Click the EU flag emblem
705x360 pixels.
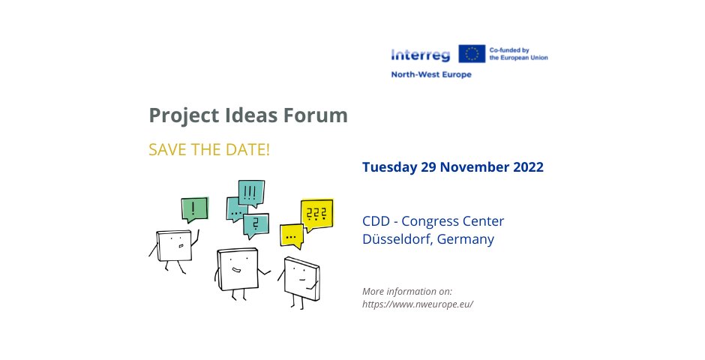coord(472,54)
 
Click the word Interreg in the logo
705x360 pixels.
coord(420,54)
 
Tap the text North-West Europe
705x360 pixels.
coord(431,75)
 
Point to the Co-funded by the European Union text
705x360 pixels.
coord(517,54)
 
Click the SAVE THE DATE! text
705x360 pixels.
coord(208,149)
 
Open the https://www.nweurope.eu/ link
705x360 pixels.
coord(418,304)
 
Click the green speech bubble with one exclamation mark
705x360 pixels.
coord(194,208)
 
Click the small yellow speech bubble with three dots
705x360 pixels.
coord(290,235)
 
